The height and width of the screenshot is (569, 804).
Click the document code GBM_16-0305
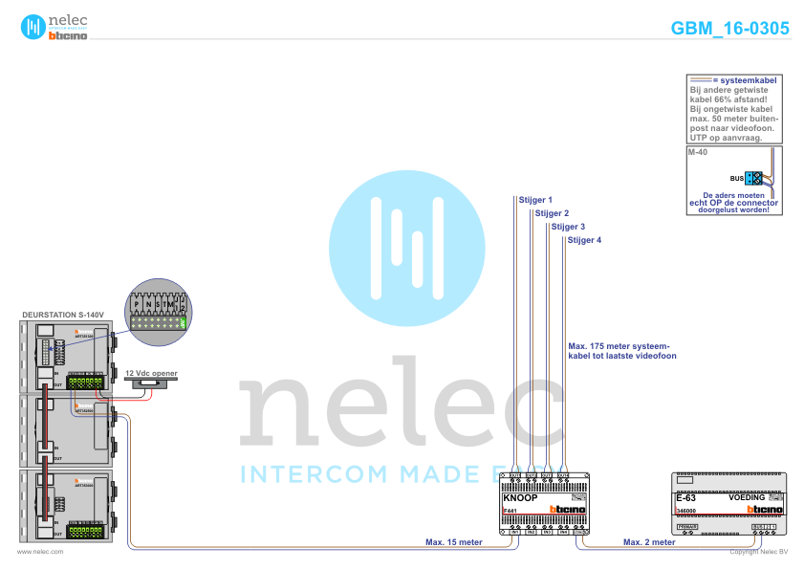(x=730, y=29)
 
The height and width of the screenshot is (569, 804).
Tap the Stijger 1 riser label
(x=536, y=200)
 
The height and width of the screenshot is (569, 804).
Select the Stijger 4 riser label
(x=584, y=240)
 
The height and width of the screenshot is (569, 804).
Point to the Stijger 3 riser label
(x=568, y=227)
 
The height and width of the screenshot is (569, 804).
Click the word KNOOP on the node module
(x=520, y=498)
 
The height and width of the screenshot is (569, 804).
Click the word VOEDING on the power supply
(x=747, y=497)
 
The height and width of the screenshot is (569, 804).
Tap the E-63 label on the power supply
(x=685, y=498)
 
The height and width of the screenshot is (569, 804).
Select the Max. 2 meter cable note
(x=649, y=541)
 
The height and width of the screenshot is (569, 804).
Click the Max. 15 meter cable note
(x=454, y=541)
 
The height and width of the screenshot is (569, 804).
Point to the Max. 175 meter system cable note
(x=622, y=350)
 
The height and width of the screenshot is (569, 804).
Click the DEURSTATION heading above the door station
(x=61, y=314)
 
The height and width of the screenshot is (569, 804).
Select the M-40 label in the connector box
(x=697, y=153)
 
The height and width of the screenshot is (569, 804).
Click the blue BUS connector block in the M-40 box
(x=754, y=178)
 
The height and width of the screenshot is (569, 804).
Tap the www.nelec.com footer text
(x=40, y=552)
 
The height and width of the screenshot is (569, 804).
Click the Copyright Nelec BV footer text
(x=758, y=552)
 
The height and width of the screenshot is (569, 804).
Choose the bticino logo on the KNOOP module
(x=568, y=511)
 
